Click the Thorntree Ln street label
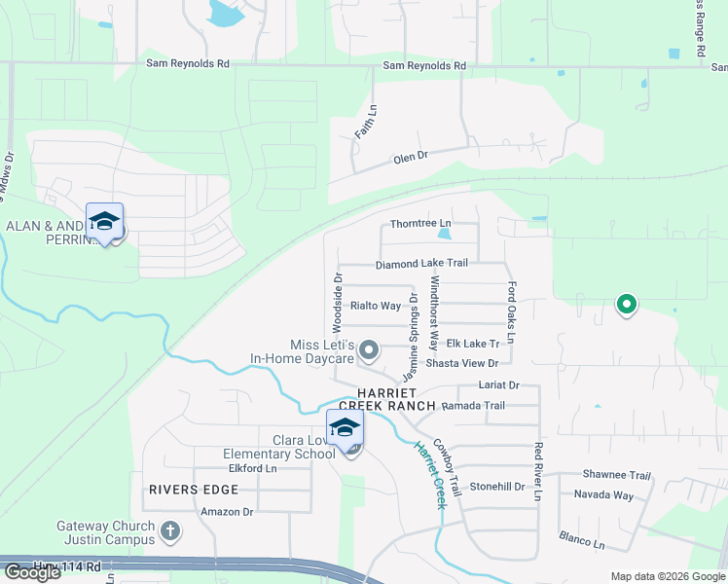coord(421,224)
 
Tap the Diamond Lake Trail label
coord(422,264)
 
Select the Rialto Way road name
coord(376,306)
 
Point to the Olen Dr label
coord(410,157)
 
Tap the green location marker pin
coord(627,306)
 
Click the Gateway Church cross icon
coord(170,531)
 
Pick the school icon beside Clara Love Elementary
coord(346,428)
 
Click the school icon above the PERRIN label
coord(104,221)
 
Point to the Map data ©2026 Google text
coord(666,575)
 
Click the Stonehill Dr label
coord(497,486)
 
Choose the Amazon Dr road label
coord(227,511)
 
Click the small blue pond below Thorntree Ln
coord(445,234)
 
